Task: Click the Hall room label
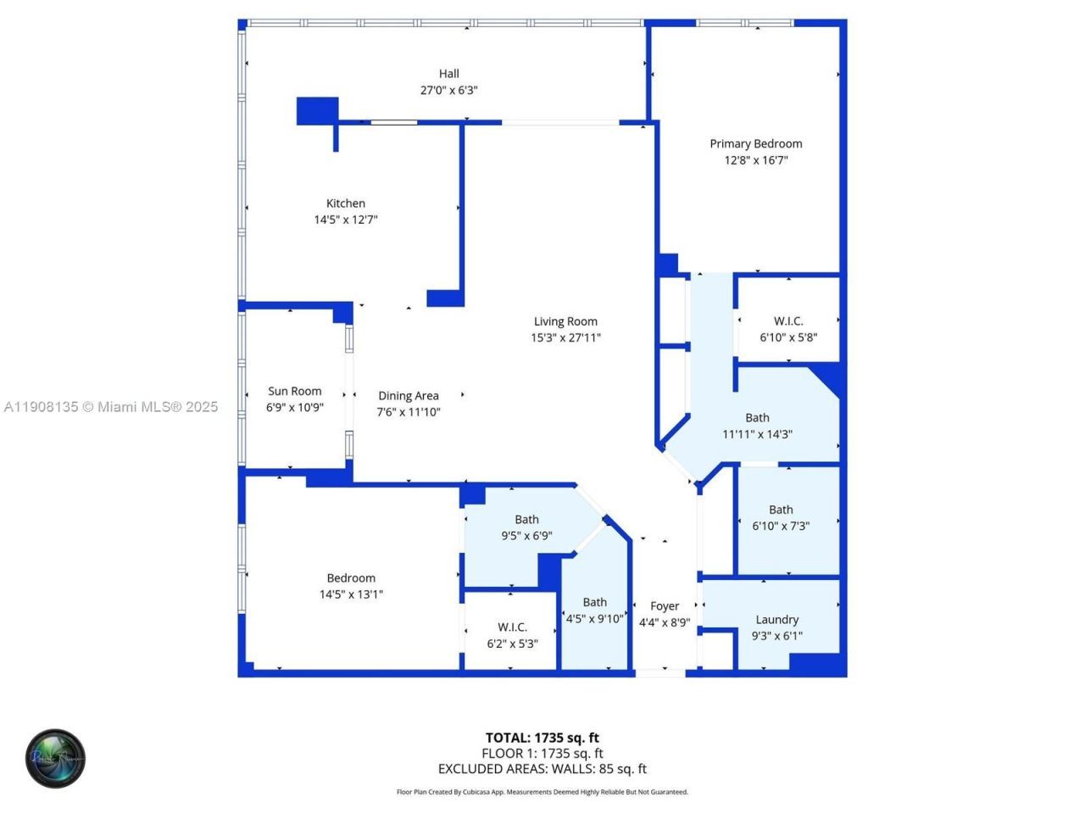click(448, 74)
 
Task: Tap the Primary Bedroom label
click(755, 144)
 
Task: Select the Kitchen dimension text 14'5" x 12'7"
click(346, 220)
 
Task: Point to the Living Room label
click(565, 321)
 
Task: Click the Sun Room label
click(295, 391)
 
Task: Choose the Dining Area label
click(409, 396)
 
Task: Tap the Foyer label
click(665, 606)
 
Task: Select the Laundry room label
click(776, 620)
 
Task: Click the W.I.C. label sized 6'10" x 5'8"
click(788, 321)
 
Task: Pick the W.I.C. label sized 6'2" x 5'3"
click(512, 627)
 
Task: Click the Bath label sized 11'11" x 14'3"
click(757, 418)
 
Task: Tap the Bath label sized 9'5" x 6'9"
click(526, 520)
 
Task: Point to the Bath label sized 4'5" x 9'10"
click(594, 603)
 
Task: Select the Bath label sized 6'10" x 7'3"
click(781, 510)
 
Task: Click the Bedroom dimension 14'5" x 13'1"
click(351, 594)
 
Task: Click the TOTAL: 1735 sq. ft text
click(542, 738)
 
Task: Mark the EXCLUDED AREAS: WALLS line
click(542, 769)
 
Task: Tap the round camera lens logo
click(56, 758)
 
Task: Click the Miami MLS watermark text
click(111, 407)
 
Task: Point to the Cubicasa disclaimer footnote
click(542, 792)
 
